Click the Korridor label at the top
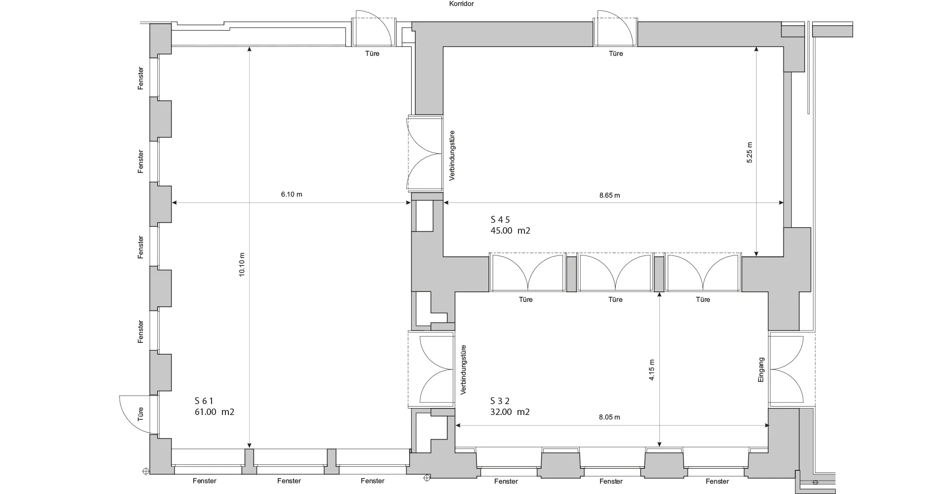462,4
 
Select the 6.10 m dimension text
292,195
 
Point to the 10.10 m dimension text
242,265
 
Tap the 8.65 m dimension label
609,196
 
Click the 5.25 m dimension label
749,153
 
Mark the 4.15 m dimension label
652,370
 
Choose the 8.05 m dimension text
609,417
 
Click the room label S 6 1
204,401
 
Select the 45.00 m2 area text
510,231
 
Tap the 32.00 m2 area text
510,412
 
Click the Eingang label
761,370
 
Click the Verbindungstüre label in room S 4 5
452,156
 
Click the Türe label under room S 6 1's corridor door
372,54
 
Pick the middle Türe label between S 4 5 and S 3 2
615,300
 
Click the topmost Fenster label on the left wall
141,78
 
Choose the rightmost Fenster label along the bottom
717,482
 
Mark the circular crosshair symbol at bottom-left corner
145,471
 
